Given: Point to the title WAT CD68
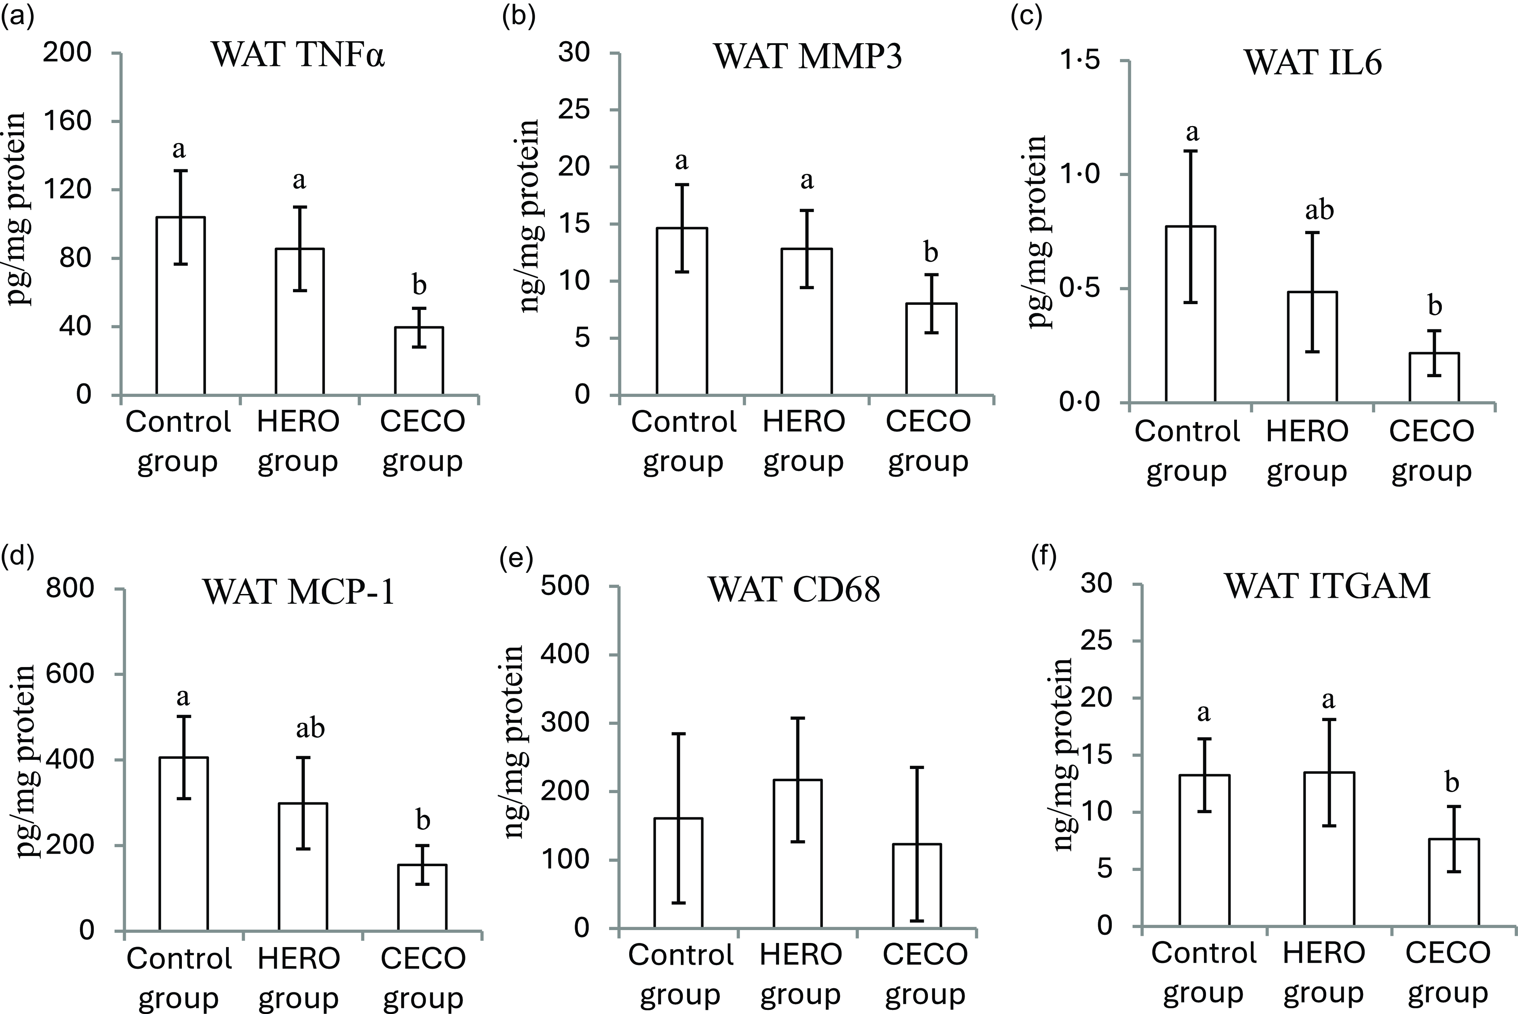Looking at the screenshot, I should tap(794, 590).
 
